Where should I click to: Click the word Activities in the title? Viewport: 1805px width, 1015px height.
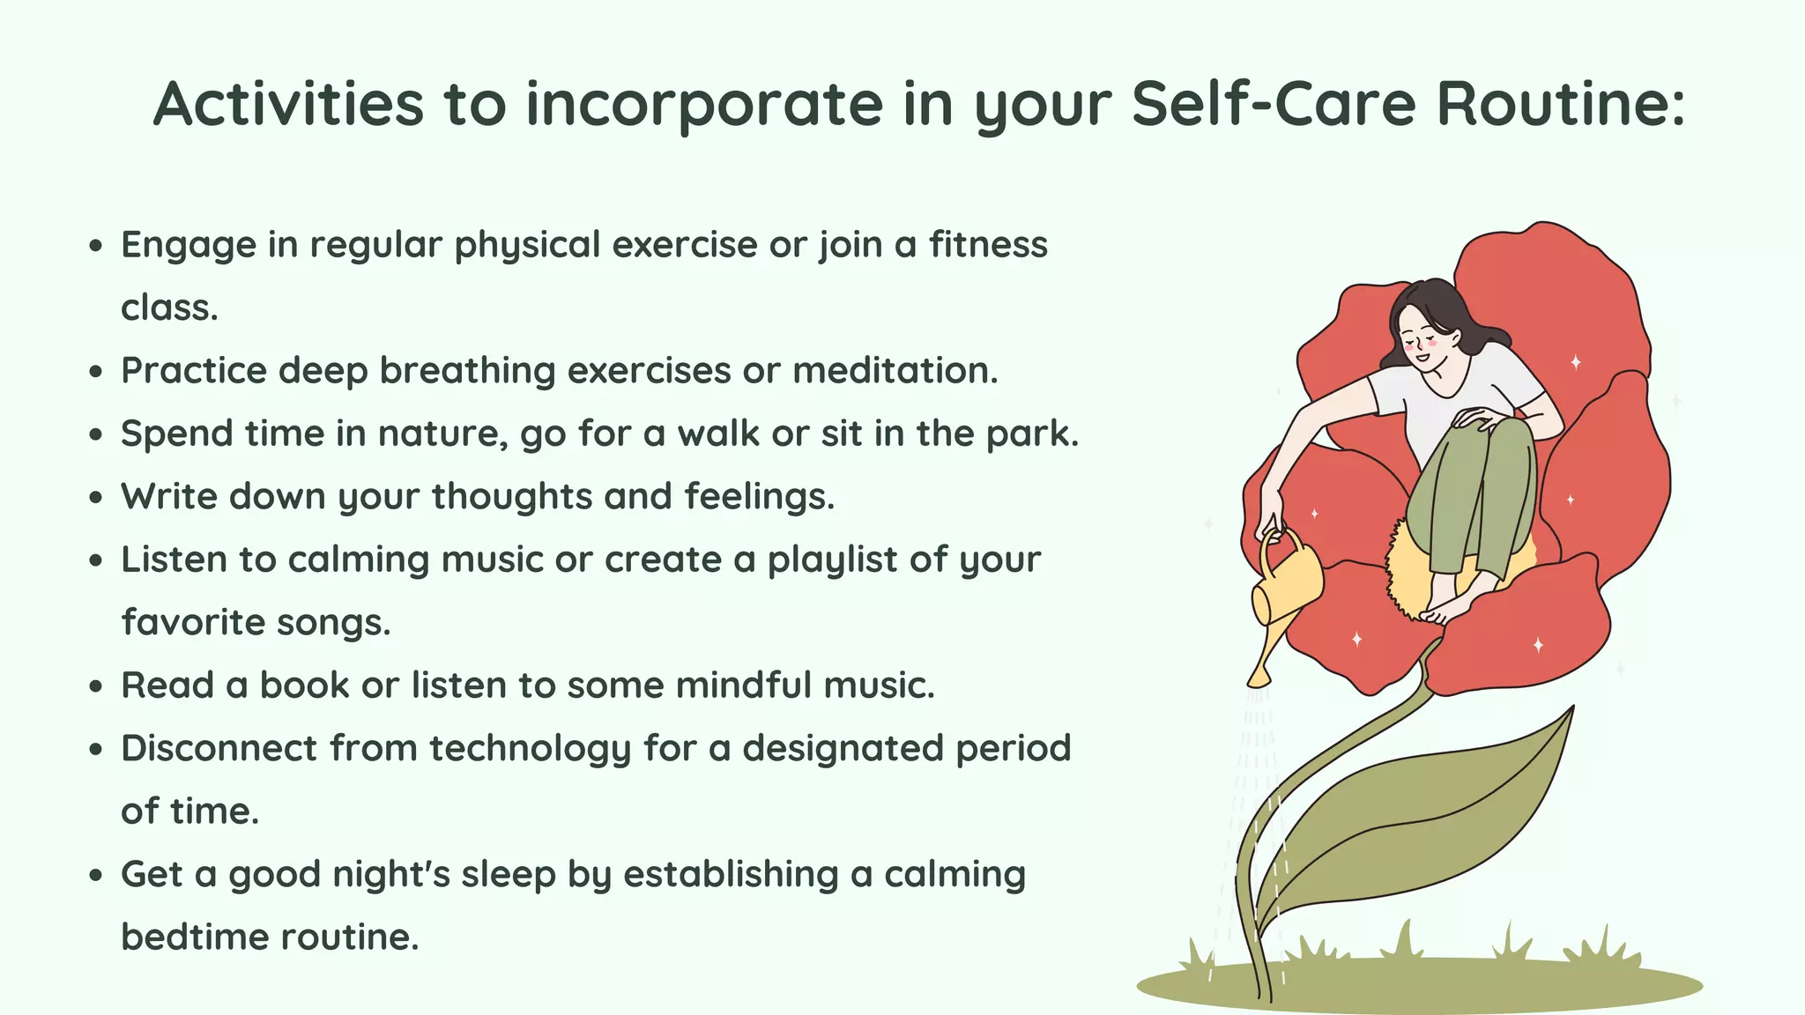point(289,104)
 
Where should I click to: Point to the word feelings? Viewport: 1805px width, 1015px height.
point(759,497)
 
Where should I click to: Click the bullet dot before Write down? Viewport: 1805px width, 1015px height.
point(96,498)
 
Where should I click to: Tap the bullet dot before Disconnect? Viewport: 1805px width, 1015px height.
point(96,750)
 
